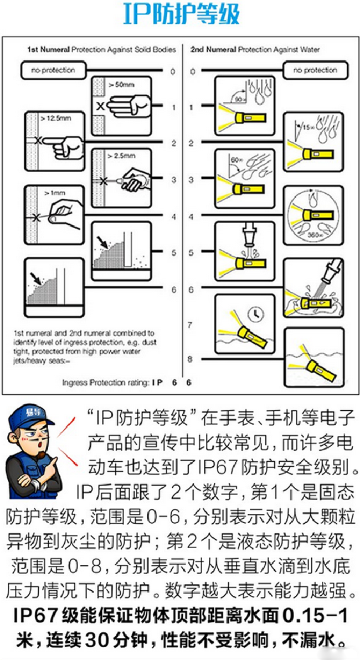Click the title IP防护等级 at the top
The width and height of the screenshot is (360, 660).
coord(181,15)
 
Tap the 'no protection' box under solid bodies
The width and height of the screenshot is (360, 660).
coord(53,70)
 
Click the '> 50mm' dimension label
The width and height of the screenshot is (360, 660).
coord(122,85)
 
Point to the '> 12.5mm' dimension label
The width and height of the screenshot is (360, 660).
coord(55,118)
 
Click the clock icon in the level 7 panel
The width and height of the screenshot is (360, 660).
coord(256,314)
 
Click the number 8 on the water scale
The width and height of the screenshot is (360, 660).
coord(190,360)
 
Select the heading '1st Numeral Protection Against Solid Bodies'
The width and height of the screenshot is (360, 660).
coord(101,49)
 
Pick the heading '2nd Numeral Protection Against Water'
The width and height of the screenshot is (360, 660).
coord(255,49)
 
